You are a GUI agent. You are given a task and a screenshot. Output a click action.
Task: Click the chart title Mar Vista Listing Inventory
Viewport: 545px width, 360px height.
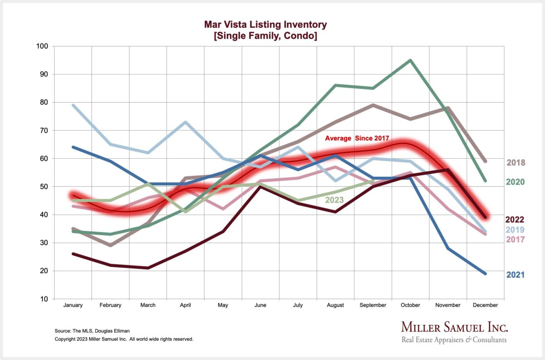265,25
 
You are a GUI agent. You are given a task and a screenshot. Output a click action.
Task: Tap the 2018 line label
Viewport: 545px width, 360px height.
515,163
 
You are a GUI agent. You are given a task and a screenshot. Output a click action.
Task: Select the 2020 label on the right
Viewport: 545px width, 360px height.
515,182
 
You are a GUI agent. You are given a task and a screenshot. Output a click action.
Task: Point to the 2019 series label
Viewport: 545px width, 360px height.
515,230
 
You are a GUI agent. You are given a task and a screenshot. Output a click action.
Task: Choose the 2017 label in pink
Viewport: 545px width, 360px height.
515,240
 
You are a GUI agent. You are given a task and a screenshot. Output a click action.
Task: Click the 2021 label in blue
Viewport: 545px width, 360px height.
515,275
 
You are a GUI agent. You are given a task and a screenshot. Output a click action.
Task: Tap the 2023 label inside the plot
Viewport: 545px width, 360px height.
334,199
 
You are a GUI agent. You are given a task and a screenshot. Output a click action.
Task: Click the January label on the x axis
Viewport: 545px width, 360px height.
73,305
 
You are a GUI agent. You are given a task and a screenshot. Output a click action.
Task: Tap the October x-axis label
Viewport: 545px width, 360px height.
411,305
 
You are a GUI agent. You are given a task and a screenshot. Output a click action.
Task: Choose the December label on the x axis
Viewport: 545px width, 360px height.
486,305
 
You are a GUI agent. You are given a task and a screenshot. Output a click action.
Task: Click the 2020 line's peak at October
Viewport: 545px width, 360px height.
411,60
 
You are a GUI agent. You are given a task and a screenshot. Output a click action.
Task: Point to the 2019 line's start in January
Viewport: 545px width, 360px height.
73,105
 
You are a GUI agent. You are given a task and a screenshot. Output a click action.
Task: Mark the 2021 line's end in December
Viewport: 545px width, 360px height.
486,274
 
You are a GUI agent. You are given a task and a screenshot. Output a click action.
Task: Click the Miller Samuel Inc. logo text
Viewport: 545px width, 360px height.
454,327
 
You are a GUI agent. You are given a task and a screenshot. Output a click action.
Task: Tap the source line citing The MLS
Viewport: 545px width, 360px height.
89,331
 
